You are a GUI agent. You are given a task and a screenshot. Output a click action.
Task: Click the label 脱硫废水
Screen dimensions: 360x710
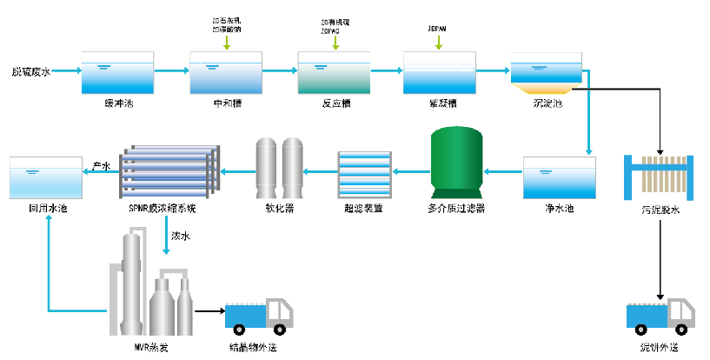(30, 72)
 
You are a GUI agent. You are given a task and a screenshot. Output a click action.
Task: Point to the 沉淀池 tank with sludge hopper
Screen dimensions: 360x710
(547, 74)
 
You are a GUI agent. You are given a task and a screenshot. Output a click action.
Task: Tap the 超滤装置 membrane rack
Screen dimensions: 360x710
(363, 174)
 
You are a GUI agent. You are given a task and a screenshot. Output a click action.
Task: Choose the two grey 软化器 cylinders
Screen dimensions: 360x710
(280, 167)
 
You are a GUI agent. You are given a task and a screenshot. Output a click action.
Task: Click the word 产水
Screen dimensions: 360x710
(102, 163)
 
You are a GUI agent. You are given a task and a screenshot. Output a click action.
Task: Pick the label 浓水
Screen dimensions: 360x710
(181, 234)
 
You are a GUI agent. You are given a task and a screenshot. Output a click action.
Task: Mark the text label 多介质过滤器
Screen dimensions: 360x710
(456, 209)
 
